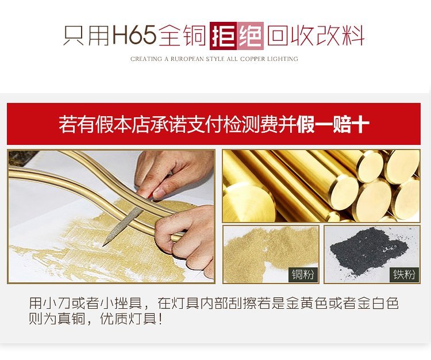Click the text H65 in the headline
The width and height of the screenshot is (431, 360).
coord(134,35)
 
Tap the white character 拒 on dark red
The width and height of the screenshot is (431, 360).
coord(223,36)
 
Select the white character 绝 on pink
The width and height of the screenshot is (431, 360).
coord(250,36)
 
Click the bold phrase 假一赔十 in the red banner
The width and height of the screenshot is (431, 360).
coord(333,125)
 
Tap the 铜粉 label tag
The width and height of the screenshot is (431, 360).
coord(303,274)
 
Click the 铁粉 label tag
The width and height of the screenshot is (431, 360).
coord(404,274)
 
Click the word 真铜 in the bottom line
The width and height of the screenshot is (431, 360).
coord(71,319)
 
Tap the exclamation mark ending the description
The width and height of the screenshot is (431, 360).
coord(160,319)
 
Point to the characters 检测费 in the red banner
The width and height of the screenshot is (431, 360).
coord(251,125)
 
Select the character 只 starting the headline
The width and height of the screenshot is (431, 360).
coord(74,36)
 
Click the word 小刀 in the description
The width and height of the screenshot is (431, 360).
coord(57,303)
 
